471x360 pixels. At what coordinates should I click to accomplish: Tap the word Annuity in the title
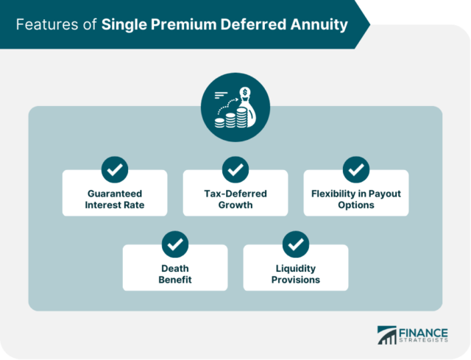[x=318, y=25]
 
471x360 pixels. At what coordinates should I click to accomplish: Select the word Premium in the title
[x=176, y=25]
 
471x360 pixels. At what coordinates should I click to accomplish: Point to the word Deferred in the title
[x=247, y=25]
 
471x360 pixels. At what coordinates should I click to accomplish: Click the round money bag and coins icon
[x=235, y=107]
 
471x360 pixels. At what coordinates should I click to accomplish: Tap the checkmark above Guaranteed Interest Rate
[x=115, y=169]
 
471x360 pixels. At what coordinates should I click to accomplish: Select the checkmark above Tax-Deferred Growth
[x=235, y=169]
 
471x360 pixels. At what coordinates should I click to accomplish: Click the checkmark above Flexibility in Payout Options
[x=356, y=169]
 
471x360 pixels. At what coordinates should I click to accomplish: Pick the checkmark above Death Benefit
[x=175, y=244]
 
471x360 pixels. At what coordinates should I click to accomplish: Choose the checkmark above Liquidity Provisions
[x=296, y=244]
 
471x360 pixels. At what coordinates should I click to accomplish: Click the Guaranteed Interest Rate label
[x=114, y=200]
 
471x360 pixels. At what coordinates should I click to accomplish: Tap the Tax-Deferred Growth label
[x=235, y=200]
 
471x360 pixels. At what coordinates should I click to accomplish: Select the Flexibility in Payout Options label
[x=356, y=200]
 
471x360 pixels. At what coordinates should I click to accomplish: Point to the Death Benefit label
[x=175, y=274]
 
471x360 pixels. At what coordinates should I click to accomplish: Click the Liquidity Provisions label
[x=295, y=274]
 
